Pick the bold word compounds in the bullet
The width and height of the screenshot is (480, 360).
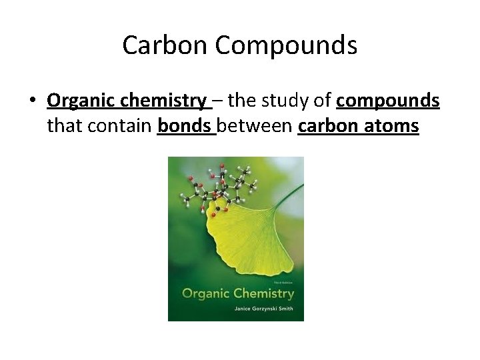388,101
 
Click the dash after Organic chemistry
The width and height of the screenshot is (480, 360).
219,101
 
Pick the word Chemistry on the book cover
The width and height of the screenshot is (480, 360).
266,293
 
